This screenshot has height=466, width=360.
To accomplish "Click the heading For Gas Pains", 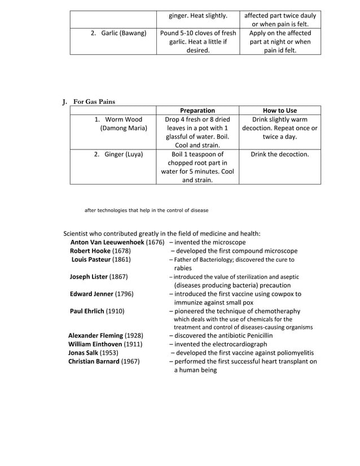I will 94,102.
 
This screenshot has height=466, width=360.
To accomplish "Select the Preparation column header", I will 197,111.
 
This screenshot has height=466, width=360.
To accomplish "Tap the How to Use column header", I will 280,111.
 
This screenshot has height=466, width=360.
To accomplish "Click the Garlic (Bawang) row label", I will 118,33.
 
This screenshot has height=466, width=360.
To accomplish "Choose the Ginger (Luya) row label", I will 118,154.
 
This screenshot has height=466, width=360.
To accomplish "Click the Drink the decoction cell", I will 280,154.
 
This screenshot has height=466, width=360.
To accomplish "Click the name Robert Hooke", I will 90,250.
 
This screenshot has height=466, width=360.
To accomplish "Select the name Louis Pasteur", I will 91,260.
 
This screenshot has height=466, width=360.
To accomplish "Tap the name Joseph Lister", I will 89,276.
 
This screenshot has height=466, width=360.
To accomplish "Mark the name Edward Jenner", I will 91,294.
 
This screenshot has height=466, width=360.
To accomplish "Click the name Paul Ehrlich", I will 87,311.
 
